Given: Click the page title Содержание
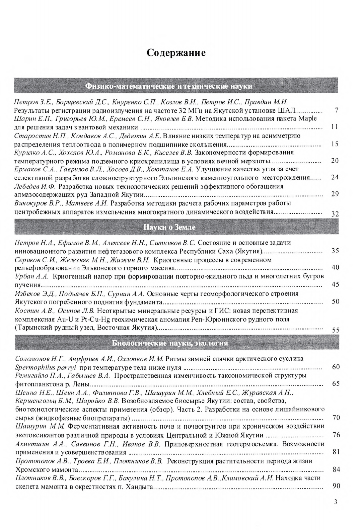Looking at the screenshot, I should point(176,53).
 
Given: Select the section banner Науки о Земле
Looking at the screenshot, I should point(169,227).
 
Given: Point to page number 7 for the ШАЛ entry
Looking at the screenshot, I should point(336,110).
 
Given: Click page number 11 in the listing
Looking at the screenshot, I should point(335,127).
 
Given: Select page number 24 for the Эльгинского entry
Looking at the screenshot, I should point(335,177).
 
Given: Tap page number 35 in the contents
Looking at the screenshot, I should point(335,251).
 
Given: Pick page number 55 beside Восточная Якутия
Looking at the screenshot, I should point(335,330).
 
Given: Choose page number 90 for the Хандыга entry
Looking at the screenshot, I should point(336,486).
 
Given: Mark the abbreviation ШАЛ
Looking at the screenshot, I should point(287,110).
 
